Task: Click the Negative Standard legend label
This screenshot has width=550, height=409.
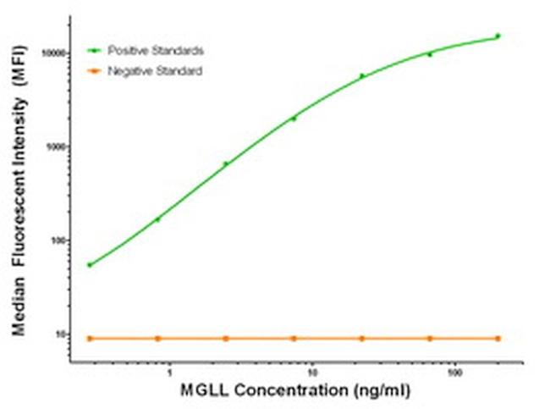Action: [155, 71]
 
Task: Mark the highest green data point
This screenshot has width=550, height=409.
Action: [498, 36]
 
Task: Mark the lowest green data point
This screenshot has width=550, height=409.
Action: [90, 265]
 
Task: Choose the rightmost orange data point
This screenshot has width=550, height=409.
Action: [498, 338]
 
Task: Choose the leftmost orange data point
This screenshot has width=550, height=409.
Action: [90, 338]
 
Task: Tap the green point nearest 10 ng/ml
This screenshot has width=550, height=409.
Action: [294, 119]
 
